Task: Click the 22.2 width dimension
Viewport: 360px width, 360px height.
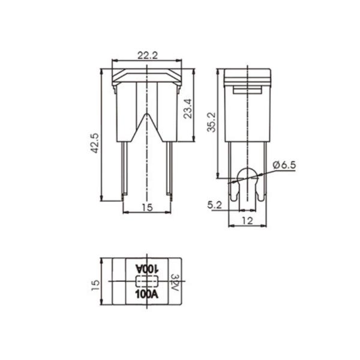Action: click(x=147, y=55)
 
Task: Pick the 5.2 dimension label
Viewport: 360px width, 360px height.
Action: click(x=214, y=205)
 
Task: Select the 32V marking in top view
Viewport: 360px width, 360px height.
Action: click(x=175, y=282)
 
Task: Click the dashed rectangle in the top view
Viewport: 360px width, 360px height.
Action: click(x=146, y=281)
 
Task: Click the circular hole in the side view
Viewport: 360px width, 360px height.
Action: click(x=247, y=177)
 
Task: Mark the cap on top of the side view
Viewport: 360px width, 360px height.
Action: click(x=247, y=76)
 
